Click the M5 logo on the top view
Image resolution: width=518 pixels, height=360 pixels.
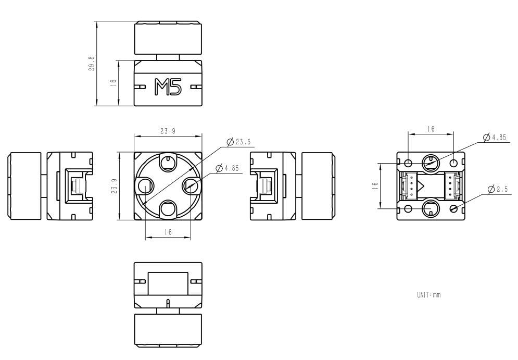tap(168, 87)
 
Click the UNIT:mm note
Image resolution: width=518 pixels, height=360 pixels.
tap(428, 295)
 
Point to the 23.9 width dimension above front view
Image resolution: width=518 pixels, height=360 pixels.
tap(167, 132)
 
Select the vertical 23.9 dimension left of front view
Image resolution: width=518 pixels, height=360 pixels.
tap(114, 186)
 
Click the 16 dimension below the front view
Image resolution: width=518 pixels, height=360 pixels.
tap(168, 232)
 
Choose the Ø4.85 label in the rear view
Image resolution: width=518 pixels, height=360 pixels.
tap(495, 138)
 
